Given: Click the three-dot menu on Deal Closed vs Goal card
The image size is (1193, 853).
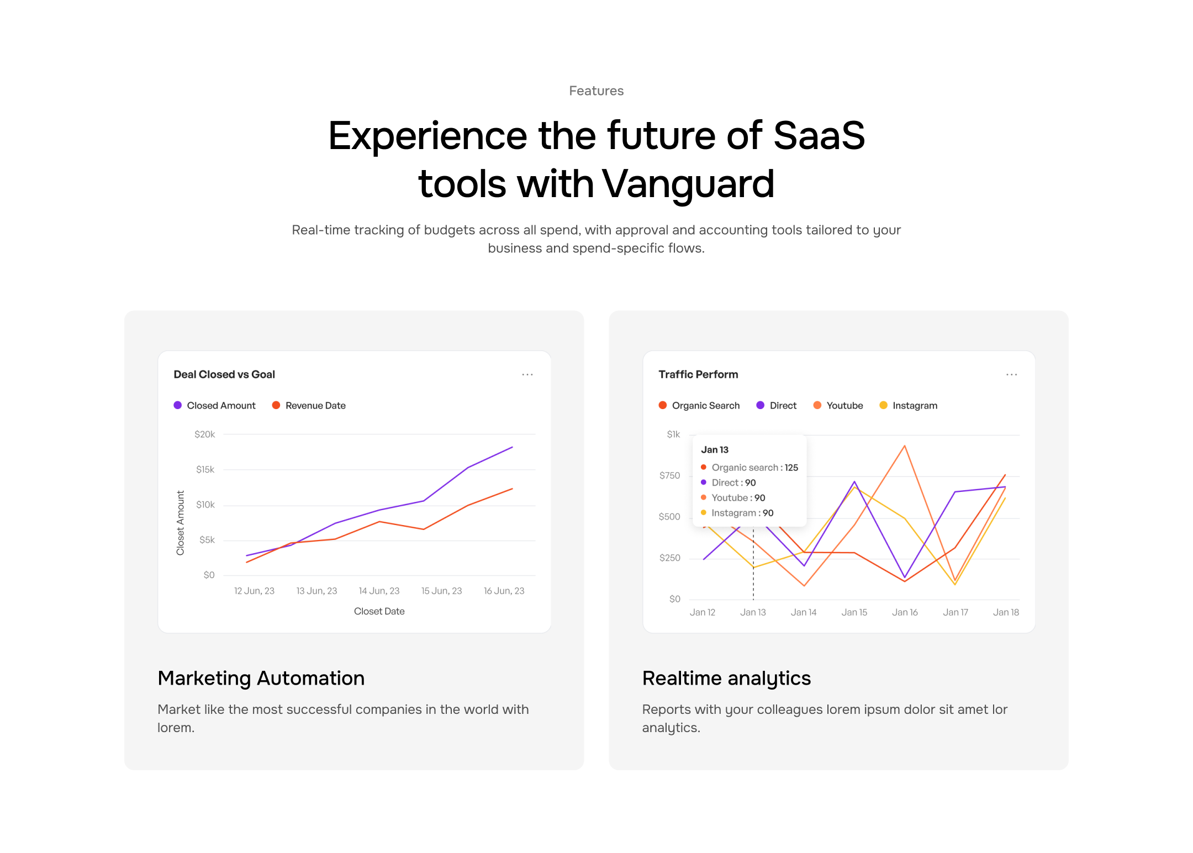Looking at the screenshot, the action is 527,374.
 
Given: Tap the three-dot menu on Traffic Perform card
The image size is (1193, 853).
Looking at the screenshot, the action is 1011,374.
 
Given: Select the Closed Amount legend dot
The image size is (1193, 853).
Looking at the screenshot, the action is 178,405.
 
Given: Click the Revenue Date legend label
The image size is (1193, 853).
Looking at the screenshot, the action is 315,405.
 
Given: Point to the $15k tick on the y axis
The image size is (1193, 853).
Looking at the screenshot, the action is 205,469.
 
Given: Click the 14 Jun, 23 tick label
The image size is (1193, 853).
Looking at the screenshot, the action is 379,591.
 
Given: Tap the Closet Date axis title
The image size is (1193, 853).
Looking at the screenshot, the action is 379,611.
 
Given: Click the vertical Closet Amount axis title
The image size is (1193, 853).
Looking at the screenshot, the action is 180,523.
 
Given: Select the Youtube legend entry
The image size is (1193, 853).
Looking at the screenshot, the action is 838,405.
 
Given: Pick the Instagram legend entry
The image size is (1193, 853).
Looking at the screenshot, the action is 908,405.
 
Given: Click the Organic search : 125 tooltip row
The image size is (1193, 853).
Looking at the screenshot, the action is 749,468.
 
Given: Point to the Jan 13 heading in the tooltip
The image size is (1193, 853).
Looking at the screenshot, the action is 715,450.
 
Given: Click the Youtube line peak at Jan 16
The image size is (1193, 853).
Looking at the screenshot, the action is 904,446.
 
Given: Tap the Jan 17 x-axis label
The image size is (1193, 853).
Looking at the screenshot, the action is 955,612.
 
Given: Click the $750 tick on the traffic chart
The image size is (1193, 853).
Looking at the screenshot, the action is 669,475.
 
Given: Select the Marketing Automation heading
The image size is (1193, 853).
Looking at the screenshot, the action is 261,678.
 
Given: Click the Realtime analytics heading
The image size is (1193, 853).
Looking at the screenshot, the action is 726,679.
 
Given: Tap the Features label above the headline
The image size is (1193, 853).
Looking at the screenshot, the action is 596,91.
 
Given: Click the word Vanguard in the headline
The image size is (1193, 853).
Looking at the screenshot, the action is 688,184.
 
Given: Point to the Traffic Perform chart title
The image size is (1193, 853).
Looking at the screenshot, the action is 698,374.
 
